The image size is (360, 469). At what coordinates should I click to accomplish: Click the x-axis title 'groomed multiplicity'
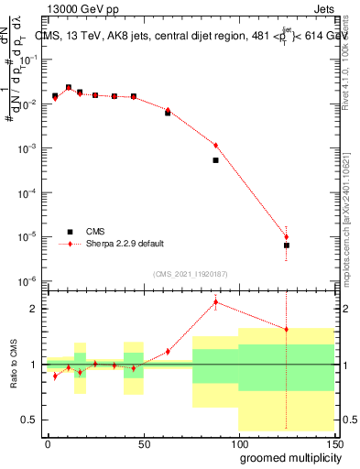coord(286,457)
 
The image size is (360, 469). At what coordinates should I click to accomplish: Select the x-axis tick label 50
coord(143,442)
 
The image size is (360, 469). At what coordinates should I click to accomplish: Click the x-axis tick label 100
coord(238,442)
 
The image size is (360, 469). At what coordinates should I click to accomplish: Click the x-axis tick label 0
coord(48,442)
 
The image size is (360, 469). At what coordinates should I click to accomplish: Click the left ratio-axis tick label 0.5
coord(28,420)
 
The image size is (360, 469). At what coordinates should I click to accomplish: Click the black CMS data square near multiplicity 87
coord(215,160)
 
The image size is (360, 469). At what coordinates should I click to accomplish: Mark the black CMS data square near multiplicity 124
coord(287,245)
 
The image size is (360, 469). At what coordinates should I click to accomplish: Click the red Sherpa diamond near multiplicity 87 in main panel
coord(215,145)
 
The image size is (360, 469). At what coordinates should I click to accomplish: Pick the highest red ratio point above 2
coord(215,301)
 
